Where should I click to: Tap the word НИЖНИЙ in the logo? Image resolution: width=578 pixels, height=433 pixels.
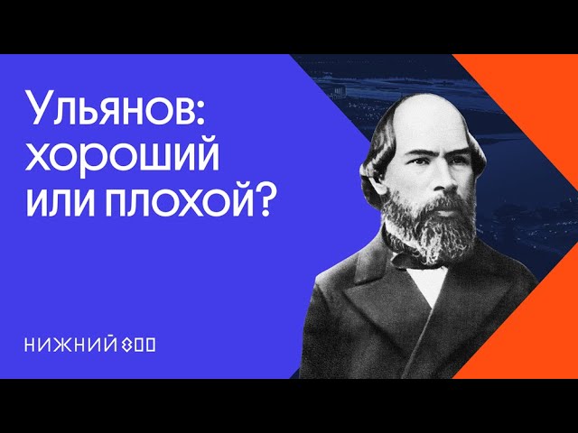69,345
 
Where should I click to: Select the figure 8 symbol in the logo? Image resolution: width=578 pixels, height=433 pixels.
126,345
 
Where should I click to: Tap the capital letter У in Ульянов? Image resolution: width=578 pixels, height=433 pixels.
41,108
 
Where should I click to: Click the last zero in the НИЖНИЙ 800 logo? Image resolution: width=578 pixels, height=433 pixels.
151,345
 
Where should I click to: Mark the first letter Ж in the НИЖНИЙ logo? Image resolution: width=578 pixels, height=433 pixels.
62,345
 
